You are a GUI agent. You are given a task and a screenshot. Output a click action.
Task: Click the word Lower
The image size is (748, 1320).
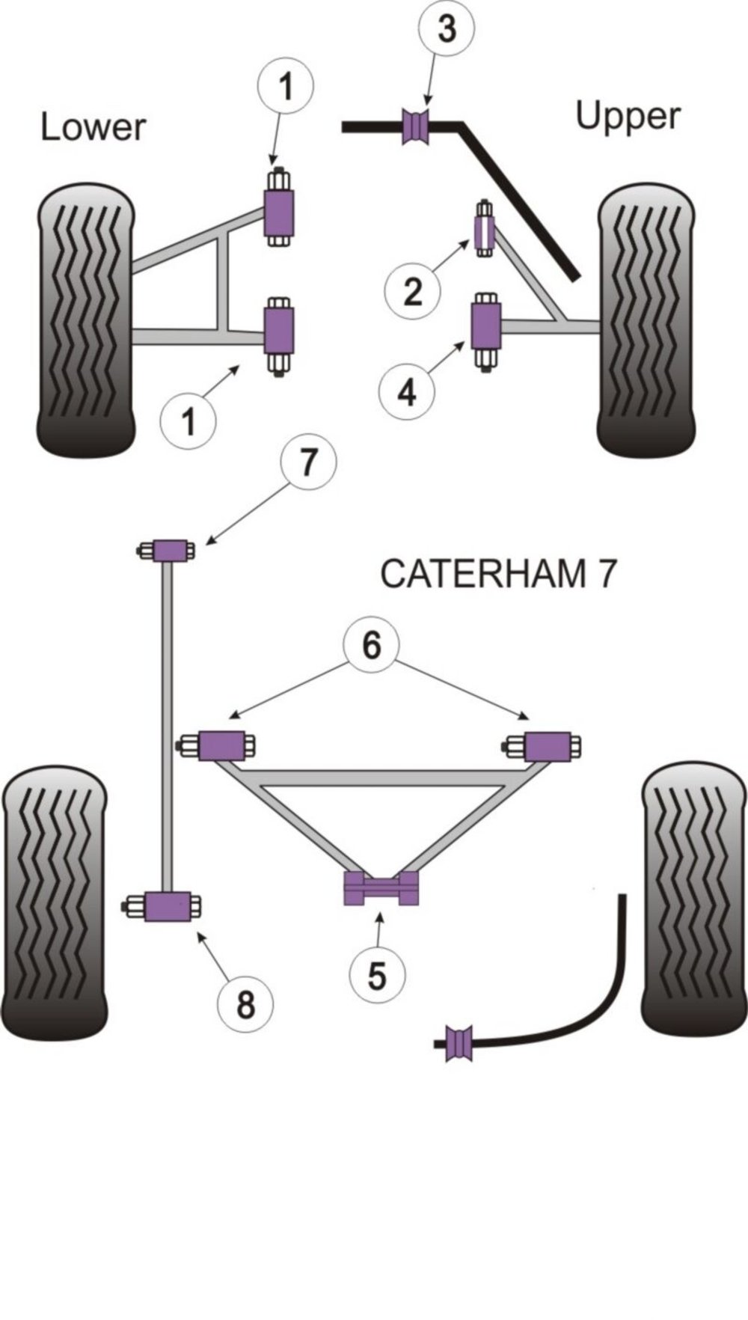click(x=93, y=127)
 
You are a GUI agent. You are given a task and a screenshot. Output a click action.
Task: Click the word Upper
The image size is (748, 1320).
click(x=628, y=117)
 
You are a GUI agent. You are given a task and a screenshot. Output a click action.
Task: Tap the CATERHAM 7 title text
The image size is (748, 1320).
click(x=499, y=574)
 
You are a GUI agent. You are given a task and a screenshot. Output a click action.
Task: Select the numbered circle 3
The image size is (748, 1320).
click(x=446, y=31)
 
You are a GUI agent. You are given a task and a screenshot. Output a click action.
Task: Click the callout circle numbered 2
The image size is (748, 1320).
click(x=412, y=291)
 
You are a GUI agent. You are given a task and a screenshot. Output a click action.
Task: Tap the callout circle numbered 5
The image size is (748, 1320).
click(x=377, y=976)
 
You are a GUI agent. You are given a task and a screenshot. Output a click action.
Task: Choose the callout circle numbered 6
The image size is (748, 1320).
click(x=372, y=645)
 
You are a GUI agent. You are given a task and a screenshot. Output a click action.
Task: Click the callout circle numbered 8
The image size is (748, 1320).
click(x=245, y=1003)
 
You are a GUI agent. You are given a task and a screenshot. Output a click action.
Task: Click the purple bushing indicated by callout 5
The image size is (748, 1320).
click(x=381, y=888)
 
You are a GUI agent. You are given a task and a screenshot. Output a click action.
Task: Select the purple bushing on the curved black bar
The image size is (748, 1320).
click(x=458, y=1042)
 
